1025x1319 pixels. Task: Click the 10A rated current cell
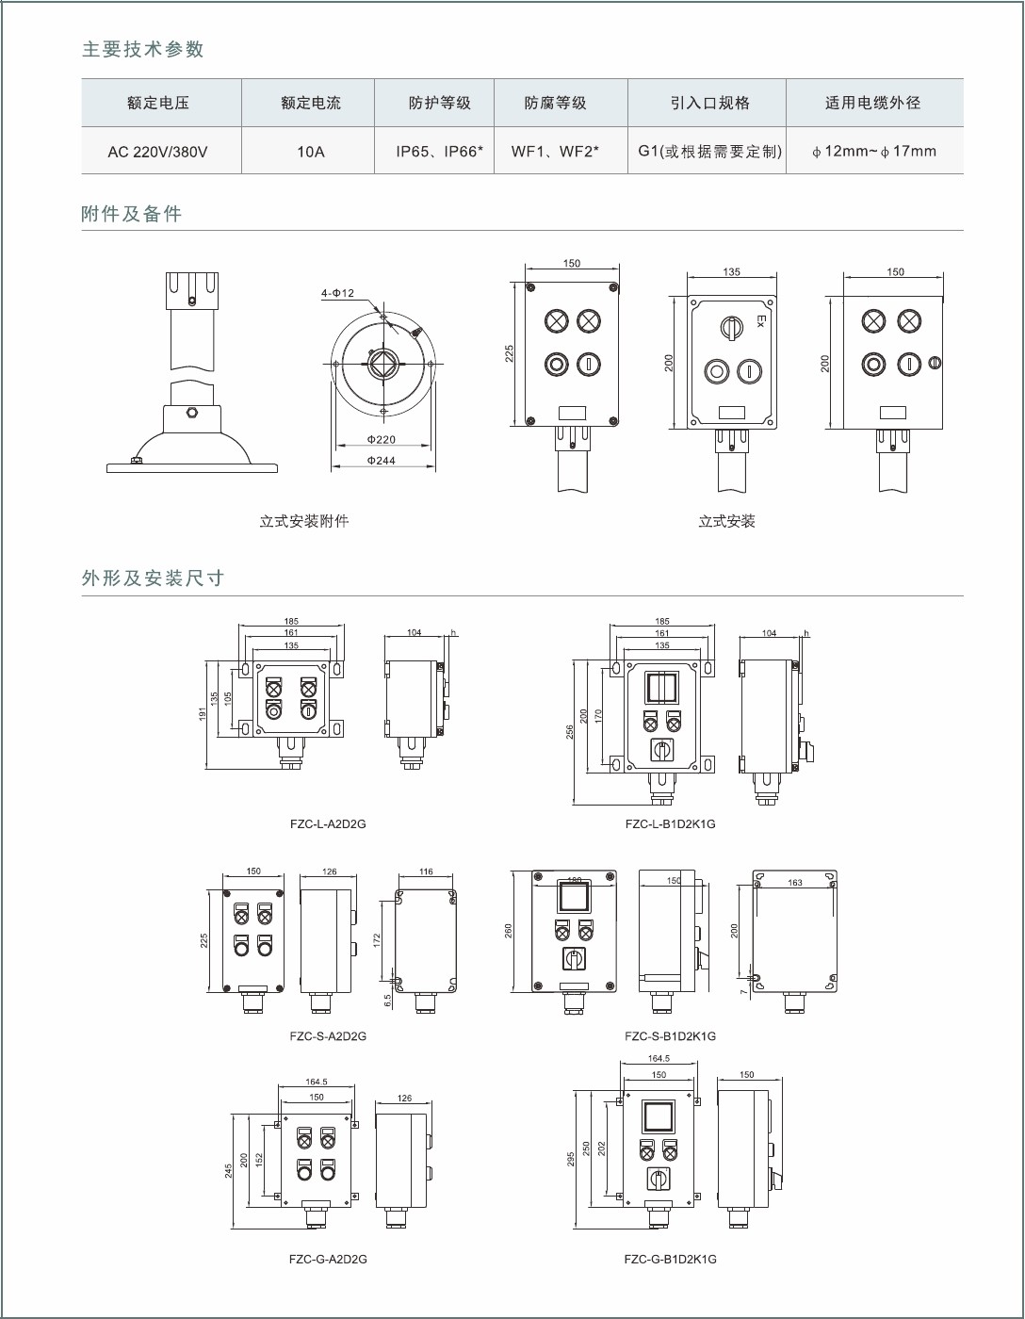(310, 151)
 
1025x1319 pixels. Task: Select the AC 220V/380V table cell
(157, 151)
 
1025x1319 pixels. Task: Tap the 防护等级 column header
(439, 103)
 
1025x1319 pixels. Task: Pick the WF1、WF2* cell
(555, 151)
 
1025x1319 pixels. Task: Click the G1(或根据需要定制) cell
(709, 151)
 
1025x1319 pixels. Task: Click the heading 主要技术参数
(143, 50)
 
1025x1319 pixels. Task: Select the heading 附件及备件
(132, 214)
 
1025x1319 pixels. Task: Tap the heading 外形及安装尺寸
(153, 578)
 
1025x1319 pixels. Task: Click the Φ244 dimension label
(382, 461)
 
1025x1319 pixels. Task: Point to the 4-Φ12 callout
(337, 293)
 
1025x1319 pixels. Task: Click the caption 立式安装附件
(304, 521)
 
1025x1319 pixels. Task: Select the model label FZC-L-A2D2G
(328, 823)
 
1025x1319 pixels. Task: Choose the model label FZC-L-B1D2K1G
(670, 823)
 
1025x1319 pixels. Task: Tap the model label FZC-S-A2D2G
(328, 1035)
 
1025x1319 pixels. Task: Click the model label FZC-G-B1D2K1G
(670, 1259)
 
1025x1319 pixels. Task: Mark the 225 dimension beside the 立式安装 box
(510, 353)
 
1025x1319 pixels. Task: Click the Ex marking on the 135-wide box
(760, 321)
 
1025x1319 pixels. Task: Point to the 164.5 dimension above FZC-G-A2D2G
(317, 1082)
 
